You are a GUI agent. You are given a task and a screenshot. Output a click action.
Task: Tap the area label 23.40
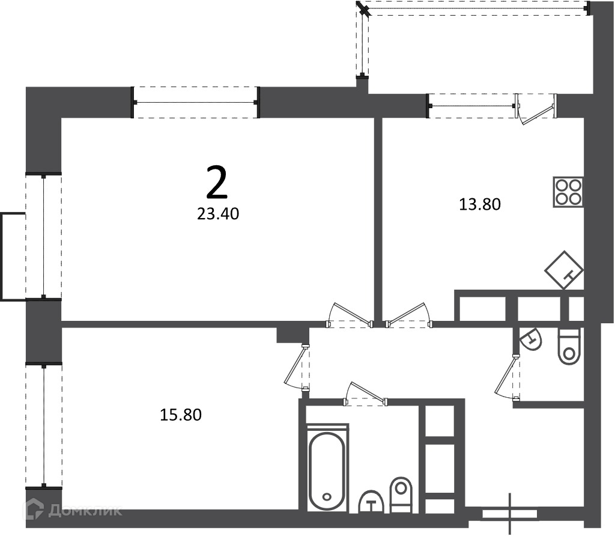point(218,214)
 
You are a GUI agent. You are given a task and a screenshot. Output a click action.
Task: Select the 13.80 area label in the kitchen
point(480,204)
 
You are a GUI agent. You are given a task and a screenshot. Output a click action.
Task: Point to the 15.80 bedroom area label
point(181,415)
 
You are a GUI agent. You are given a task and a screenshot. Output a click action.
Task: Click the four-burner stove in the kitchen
point(568,192)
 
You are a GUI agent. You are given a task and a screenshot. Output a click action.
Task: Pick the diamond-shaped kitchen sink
point(564,270)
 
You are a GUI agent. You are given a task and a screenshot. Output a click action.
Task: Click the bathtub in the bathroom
point(327,468)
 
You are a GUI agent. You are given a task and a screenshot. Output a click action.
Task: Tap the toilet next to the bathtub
point(401,495)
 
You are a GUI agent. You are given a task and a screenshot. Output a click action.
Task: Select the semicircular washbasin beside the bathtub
point(371,502)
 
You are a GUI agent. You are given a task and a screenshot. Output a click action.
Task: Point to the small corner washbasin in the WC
point(531,339)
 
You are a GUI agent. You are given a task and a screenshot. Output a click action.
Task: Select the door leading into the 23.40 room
point(350,315)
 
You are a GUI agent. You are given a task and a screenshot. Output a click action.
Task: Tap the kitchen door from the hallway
point(409,315)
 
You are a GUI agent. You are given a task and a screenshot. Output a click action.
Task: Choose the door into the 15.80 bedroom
point(297,367)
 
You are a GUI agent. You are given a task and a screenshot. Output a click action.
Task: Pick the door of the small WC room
point(507,377)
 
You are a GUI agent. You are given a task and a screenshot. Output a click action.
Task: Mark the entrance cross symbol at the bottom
point(510,514)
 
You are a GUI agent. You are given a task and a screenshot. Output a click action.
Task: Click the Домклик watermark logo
point(73,510)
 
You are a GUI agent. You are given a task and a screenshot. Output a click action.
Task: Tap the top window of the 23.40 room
point(195,102)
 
